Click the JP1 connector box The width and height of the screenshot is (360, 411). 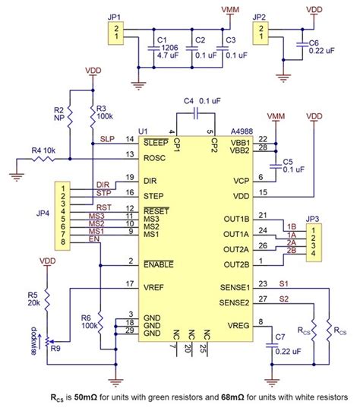pyautogui.click(x=116, y=33)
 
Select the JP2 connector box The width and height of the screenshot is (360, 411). pyautogui.click(x=262, y=33)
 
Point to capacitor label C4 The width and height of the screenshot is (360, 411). pyautogui.click(x=188, y=100)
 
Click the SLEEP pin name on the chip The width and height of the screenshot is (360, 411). pyautogui.click(x=156, y=141)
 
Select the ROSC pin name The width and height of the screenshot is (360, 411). pyautogui.click(x=156, y=157)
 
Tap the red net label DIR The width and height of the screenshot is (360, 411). pyautogui.click(x=103, y=185)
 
